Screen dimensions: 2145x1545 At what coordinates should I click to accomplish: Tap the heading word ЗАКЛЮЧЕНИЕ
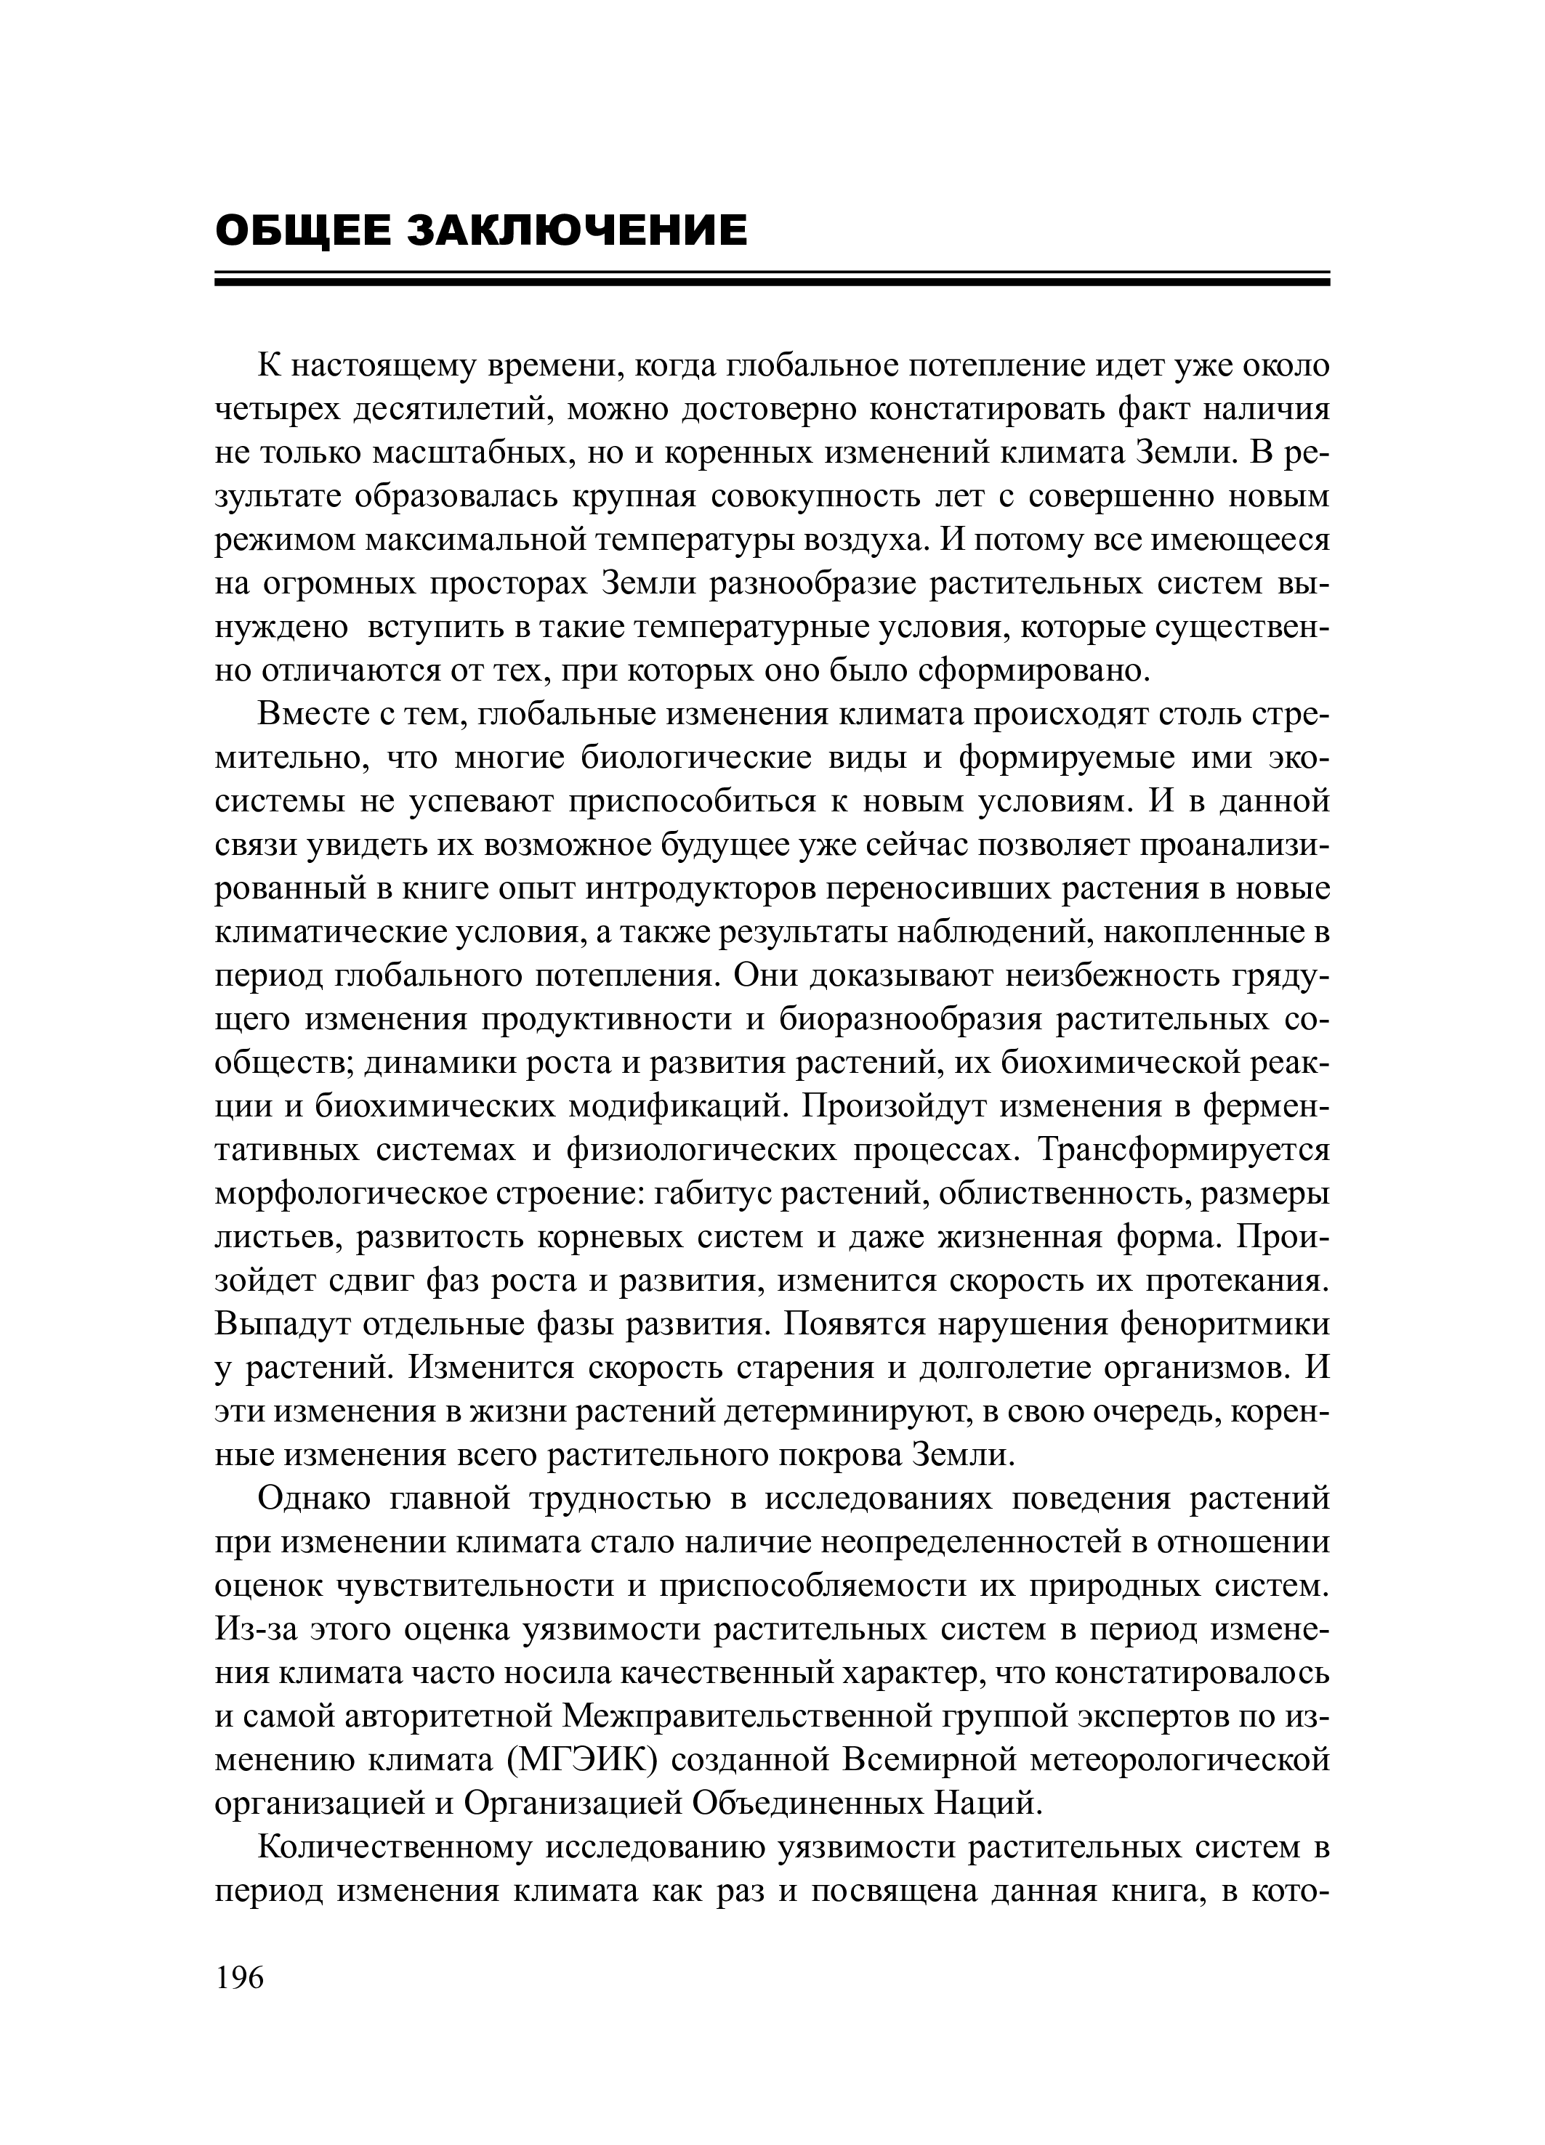(x=577, y=231)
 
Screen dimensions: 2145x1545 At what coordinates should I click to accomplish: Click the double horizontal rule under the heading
(x=772, y=279)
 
